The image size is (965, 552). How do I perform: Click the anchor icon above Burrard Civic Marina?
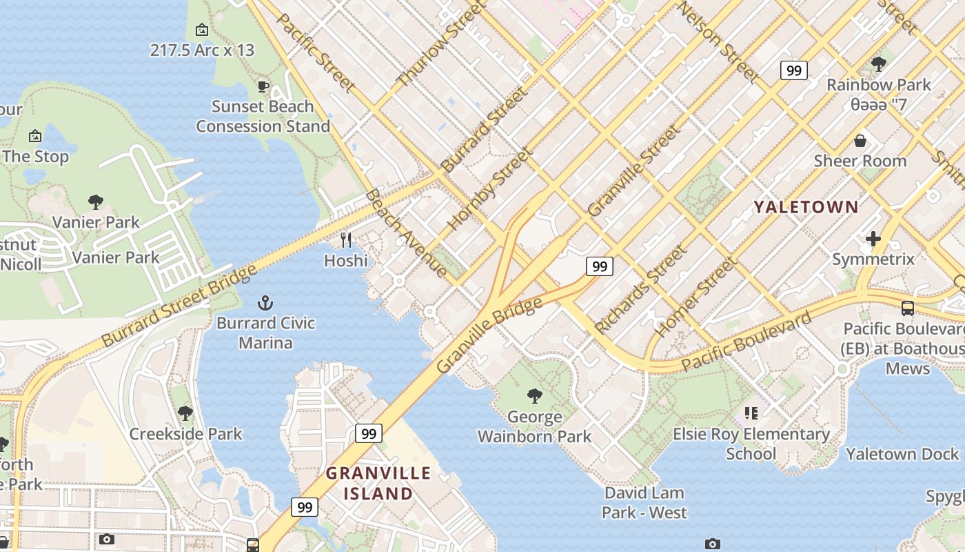point(265,303)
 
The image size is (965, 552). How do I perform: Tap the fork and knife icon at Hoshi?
point(346,240)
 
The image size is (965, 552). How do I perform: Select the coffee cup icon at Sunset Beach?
point(263,86)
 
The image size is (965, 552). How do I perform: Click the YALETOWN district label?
point(806,207)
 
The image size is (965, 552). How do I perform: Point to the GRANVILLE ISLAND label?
point(378,484)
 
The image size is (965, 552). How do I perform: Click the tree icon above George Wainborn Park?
point(534,395)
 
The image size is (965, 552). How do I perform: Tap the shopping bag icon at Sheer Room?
point(860,141)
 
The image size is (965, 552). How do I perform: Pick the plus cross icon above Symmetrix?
point(873,239)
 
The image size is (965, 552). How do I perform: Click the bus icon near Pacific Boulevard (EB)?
point(907,308)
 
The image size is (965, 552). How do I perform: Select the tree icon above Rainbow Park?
point(878,64)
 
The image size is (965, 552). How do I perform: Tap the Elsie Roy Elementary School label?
point(751,444)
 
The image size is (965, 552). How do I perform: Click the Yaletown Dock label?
point(902,454)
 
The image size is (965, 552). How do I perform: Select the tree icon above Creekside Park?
point(185,413)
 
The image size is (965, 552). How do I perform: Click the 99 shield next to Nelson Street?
point(793,70)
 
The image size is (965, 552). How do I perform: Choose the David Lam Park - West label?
point(644,503)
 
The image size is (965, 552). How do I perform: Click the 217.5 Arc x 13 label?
point(202,50)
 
